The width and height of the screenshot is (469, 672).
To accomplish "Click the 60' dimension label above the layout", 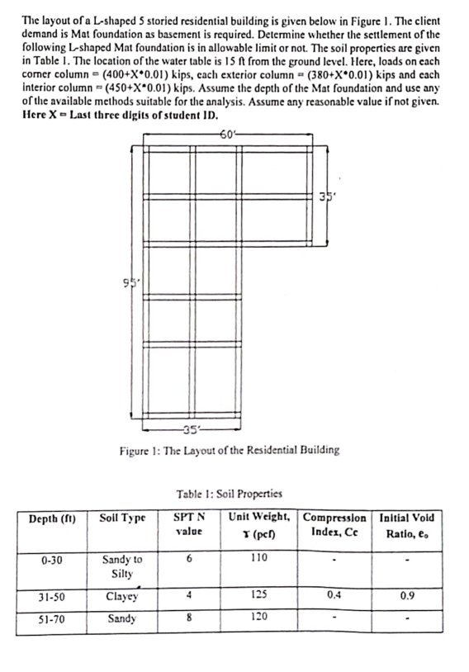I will pyautogui.click(x=225, y=135).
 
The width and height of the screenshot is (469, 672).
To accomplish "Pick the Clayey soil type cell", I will pyautogui.click(x=121, y=597).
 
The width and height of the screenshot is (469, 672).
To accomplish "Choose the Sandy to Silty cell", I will pyautogui.click(x=121, y=566).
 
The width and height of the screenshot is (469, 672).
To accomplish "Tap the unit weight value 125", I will pyautogui.click(x=260, y=596).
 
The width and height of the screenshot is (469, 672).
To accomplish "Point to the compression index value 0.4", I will pyautogui.click(x=334, y=595).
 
